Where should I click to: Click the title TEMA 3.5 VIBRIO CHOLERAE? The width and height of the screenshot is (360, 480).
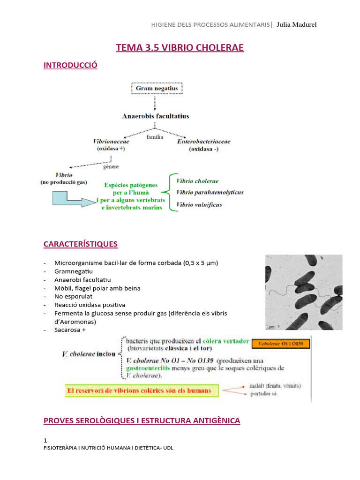click(x=180, y=48)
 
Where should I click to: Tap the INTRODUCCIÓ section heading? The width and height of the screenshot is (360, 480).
click(x=70, y=65)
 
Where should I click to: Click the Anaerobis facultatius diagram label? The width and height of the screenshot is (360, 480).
click(x=156, y=116)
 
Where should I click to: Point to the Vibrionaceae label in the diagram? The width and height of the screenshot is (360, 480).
click(x=111, y=142)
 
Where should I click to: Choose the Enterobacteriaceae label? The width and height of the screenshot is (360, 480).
click(x=203, y=142)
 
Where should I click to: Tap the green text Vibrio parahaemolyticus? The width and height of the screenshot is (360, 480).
click(x=210, y=192)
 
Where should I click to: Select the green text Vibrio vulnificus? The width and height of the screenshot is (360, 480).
click(x=199, y=204)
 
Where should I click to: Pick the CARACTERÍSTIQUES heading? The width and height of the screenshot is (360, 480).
click(x=80, y=244)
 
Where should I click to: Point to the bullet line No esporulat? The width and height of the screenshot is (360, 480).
click(x=74, y=296)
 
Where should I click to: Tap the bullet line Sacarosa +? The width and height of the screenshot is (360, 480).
click(x=70, y=330)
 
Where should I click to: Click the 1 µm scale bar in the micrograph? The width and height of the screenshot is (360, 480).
click(x=270, y=325)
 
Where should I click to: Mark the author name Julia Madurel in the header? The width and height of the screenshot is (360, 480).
click(x=297, y=24)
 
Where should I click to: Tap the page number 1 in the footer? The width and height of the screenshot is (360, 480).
click(x=45, y=440)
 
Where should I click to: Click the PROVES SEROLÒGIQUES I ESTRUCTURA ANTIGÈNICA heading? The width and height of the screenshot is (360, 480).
click(x=142, y=420)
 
